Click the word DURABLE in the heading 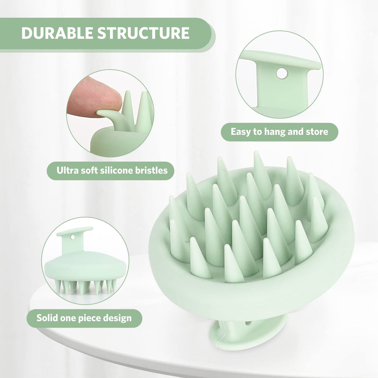[57, 33]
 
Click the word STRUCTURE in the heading [144, 33]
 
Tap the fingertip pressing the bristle [94, 97]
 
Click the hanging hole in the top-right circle [282, 73]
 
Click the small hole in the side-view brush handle [72, 238]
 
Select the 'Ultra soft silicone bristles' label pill [110, 171]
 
